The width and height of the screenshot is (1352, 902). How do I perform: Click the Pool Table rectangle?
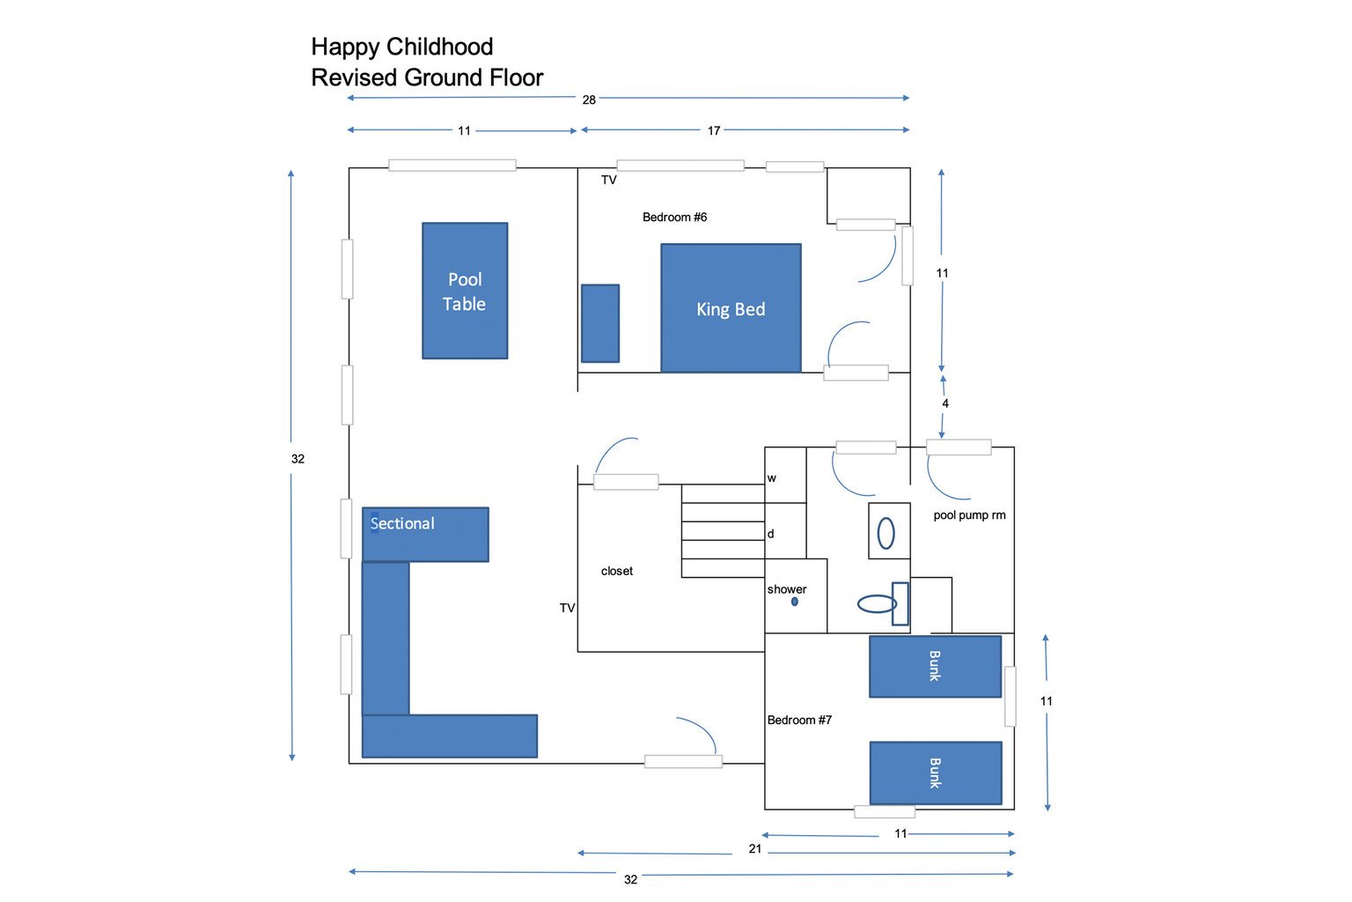[465, 291]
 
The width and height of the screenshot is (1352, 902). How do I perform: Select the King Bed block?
[731, 308]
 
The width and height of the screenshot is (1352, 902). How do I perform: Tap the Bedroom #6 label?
[674, 217]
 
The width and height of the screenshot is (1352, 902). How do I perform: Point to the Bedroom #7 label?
[799, 720]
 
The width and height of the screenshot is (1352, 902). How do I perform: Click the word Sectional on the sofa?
[402, 523]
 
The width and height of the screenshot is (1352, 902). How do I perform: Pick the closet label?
[617, 571]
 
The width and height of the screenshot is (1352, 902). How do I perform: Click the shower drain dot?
[794, 602]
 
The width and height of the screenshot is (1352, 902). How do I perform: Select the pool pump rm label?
[969, 515]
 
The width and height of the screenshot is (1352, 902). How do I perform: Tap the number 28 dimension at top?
[589, 100]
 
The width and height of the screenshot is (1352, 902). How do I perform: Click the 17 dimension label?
[714, 130]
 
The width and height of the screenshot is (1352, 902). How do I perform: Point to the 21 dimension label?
[755, 849]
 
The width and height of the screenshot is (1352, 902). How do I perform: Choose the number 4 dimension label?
[945, 403]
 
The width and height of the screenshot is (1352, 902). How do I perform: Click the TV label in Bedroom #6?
[609, 180]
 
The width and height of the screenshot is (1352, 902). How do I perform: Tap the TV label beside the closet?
[568, 608]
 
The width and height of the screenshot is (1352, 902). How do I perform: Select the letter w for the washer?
[771, 478]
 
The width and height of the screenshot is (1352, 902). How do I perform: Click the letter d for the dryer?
[771, 534]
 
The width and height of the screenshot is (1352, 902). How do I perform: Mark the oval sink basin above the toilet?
[886, 534]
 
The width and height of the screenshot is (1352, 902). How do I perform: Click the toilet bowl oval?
[877, 603]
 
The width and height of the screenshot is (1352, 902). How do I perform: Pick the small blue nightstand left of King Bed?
[600, 323]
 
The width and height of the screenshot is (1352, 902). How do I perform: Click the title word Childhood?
[439, 47]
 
